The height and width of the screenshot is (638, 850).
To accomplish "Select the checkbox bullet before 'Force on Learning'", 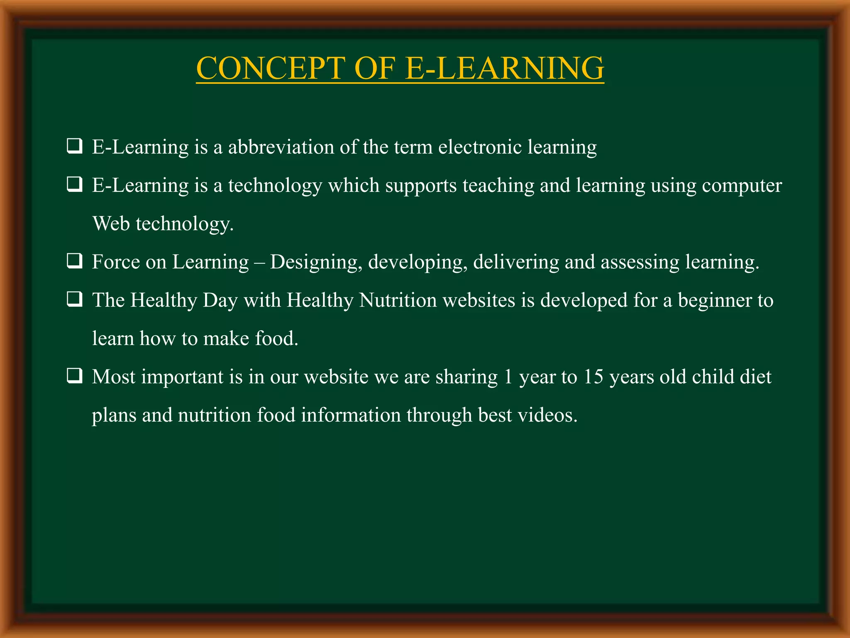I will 74,262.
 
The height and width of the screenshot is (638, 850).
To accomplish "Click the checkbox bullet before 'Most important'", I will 74,376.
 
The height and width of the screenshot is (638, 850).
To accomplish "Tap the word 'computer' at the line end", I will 742,185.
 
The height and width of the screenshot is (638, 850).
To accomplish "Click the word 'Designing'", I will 314,262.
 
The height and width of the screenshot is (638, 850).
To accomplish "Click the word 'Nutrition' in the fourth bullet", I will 398,300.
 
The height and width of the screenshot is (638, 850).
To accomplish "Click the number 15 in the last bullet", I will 593,377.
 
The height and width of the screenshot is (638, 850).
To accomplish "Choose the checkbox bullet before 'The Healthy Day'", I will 74,300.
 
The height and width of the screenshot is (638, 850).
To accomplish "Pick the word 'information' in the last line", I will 351,415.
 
